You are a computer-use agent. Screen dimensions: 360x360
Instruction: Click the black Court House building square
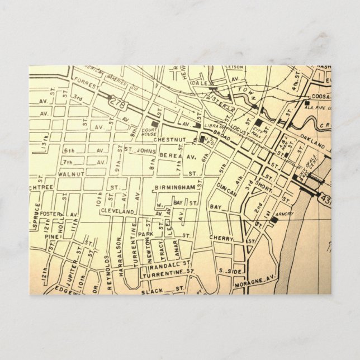click(x=155, y=122)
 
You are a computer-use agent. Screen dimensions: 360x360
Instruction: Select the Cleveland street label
click(x=117, y=212)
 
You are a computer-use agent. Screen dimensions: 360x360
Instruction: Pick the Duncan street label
click(x=218, y=188)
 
